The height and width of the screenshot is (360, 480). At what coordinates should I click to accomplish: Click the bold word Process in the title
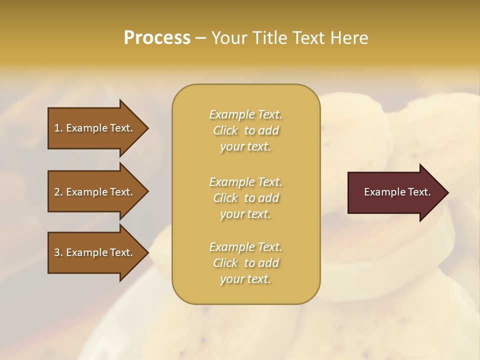(x=157, y=38)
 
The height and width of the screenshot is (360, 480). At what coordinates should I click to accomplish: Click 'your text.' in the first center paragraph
(x=245, y=147)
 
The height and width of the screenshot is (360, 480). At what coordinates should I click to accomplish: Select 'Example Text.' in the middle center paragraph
(x=245, y=182)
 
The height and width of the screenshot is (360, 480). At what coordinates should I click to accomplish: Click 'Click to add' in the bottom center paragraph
(x=245, y=263)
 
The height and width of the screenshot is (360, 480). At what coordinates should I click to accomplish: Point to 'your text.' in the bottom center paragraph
(x=245, y=279)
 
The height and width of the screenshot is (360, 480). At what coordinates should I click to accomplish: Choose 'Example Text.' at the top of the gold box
(x=245, y=114)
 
